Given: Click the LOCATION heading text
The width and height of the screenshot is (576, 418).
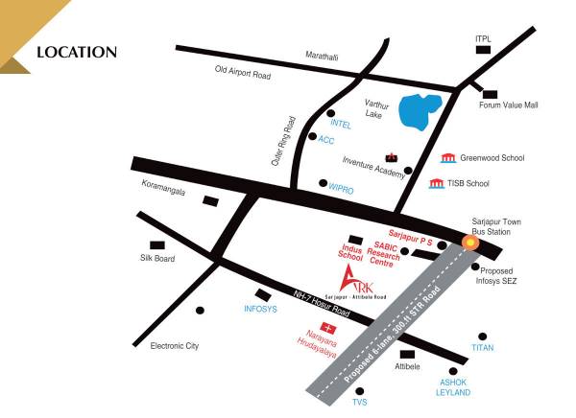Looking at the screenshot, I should tap(76, 52).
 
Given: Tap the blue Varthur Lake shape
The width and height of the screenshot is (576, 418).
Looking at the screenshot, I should tap(420, 112).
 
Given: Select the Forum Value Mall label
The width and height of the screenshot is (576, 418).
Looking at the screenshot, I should tap(509, 105).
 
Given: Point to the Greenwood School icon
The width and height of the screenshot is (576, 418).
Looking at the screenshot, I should tap(447, 157).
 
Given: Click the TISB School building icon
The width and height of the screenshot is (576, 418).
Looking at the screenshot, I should tap(437, 183).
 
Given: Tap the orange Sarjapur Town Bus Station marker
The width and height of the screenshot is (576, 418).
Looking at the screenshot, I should tap(469, 242).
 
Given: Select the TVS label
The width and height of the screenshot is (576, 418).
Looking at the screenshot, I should tap(360, 402).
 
